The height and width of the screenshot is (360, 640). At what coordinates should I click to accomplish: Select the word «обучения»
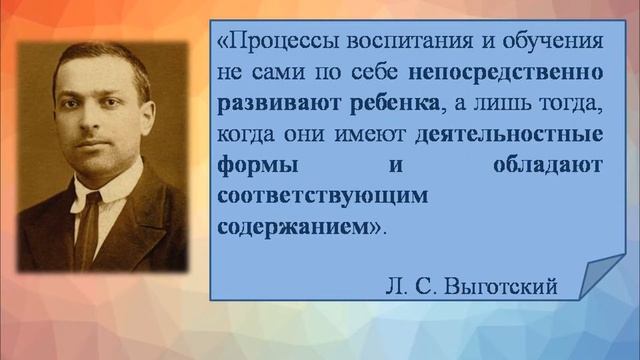tap(549, 43)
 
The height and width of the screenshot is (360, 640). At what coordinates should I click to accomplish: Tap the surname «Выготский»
tap(509, 287)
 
